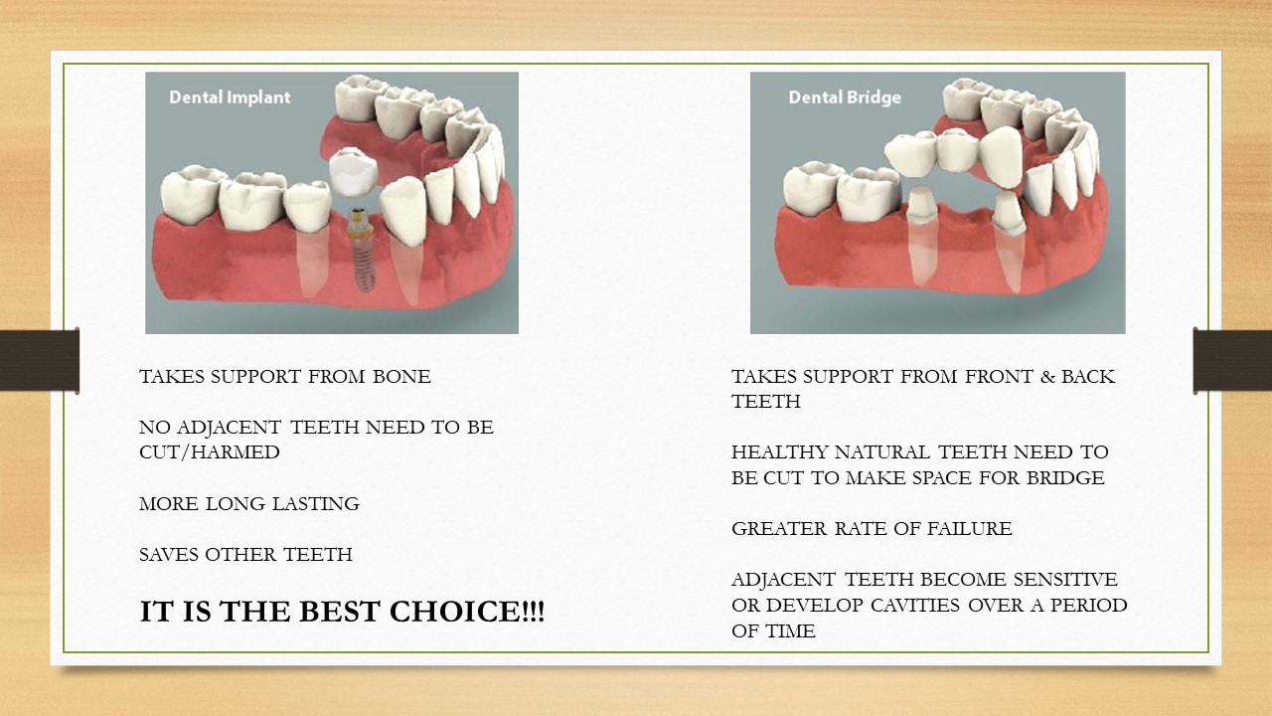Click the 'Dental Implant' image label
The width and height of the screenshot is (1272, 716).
[x=230, y=97]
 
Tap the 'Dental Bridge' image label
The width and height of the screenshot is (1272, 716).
[x=845, y=97]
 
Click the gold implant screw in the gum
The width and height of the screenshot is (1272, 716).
[x=361, y=250]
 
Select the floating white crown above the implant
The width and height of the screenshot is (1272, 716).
[x=353, y=171]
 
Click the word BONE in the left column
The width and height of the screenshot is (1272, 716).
[x=401, y=377]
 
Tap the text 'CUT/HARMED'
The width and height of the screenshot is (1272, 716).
[x=210, y=452]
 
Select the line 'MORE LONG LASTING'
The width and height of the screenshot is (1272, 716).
[x=249, y=504]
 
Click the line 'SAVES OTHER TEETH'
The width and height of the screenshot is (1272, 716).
[x=245, y=555]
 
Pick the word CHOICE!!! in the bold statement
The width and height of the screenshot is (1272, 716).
[x=467, y=612]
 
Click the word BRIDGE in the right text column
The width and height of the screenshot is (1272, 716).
[x=1065, y=478]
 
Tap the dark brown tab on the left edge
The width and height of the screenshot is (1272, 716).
[x=39, y=360]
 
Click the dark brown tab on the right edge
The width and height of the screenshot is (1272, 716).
[x=1232, y=360]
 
